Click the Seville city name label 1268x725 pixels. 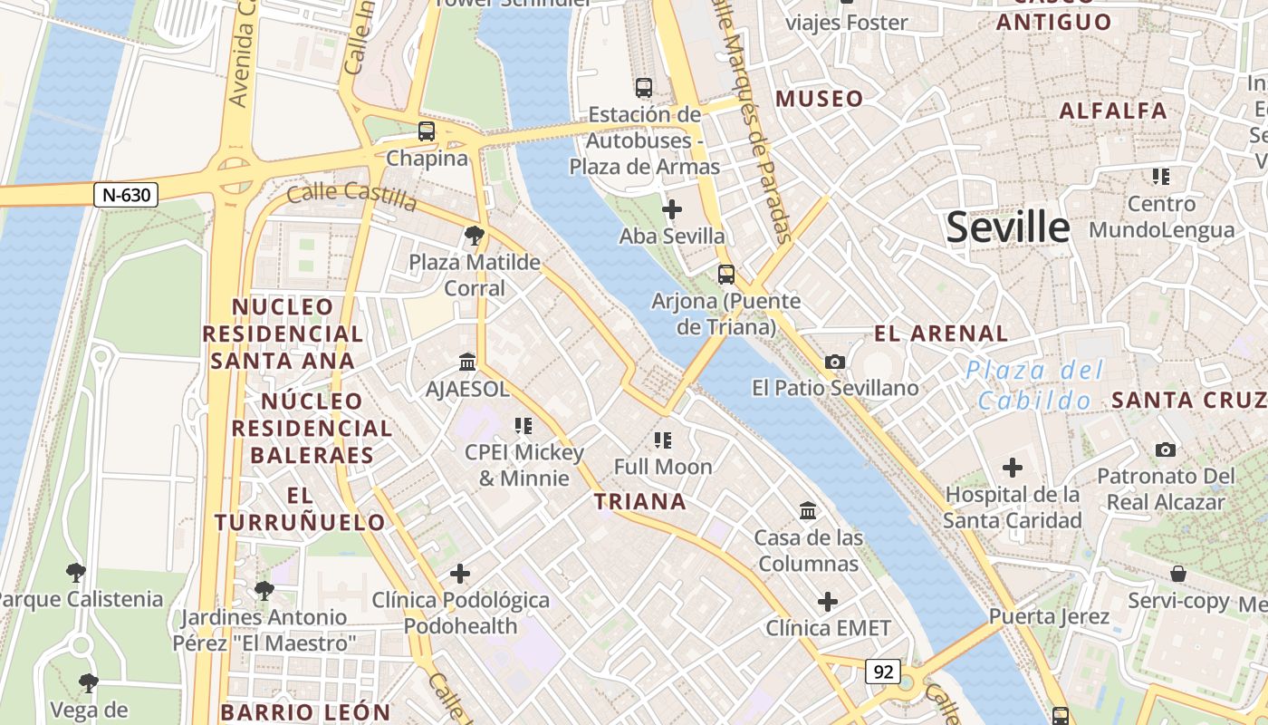[x=1008, y=227]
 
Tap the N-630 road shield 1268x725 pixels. [x=126, y=194]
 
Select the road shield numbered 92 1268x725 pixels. [x=883, y=672]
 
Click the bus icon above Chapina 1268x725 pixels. [x=427, y=131]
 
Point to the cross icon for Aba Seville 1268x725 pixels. [x=672, y=210]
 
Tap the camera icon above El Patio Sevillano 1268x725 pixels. [x=835, y=362]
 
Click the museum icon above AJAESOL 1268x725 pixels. [x=467, y=362]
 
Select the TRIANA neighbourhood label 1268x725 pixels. [x=639, y=501]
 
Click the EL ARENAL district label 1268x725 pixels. [x=941, y=333]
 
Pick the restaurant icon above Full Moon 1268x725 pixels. [x=663, y=440]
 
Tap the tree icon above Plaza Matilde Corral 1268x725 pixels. [x=474, y=237]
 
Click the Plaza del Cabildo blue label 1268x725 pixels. [x=1034, y=385]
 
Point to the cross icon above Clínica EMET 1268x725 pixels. [x=828, y=602]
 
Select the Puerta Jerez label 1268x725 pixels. [x=1049, y=617]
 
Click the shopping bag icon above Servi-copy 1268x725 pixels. [x=1178, y=574]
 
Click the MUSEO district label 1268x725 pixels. [x=819, y=99]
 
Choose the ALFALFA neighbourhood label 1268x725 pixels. [x=1113, y=111]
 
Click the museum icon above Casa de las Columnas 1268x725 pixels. [x=808, y=511]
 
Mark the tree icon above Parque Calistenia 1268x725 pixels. [x=76, y=573]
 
